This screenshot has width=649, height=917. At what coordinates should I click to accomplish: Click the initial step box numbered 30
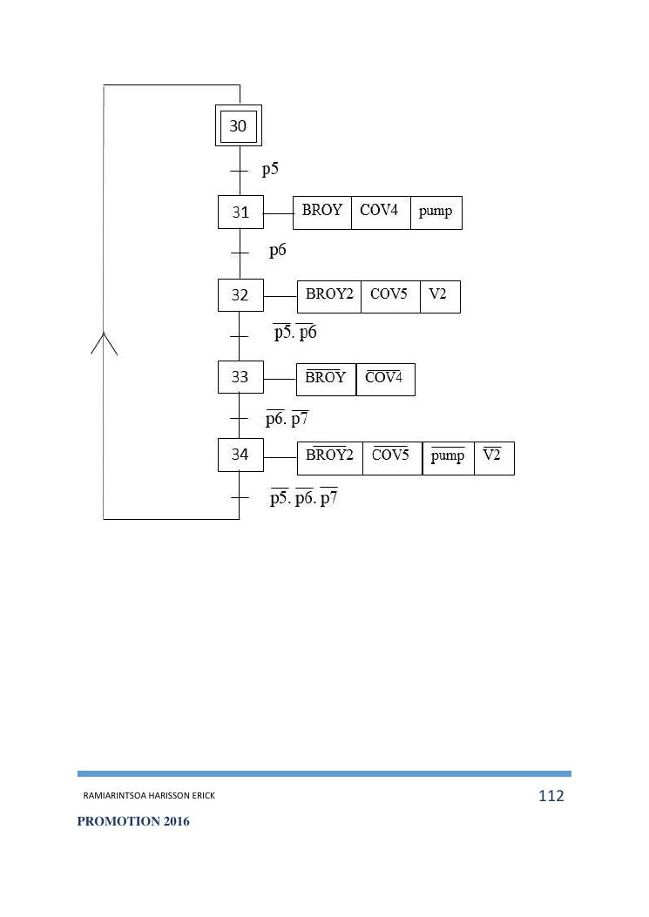(x=238, y=126)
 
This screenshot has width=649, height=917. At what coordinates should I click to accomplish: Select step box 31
(x=240, y=212)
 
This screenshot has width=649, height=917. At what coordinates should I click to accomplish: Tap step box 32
(x=240, y=295)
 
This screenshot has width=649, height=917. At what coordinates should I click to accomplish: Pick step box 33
(x=240, y=377)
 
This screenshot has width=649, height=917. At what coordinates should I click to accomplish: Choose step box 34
(x=240, y=455)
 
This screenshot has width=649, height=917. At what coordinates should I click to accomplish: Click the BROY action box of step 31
(x=322, y=212)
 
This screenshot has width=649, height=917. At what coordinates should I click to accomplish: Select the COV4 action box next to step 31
(x=381, y=212)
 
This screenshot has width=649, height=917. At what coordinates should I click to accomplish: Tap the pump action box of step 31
(x=436, y=212)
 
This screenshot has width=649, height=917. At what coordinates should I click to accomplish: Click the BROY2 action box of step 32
(x=329, y=296)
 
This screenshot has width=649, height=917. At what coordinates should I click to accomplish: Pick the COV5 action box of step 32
(x=390, y=296)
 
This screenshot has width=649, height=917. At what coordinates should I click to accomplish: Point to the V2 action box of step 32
(x=439, y=296)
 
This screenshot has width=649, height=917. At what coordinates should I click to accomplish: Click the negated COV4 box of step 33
(x=385, y=379)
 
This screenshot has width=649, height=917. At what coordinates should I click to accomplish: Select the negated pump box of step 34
(x=448, y=458)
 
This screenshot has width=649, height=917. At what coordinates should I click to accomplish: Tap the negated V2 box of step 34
(x=494, y=458)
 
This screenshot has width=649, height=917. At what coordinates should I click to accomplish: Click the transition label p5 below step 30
(x=270, y=169)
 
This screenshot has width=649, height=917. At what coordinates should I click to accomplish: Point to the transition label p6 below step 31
(x=277, y=251)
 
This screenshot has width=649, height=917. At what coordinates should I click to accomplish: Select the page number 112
(x=551, y=795)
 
